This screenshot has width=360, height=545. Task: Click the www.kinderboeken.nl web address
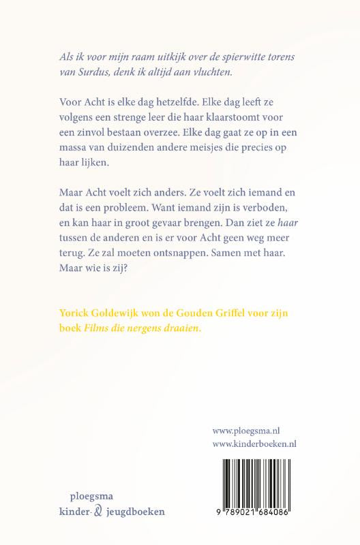pyautogui.click(x=258, y=445)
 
